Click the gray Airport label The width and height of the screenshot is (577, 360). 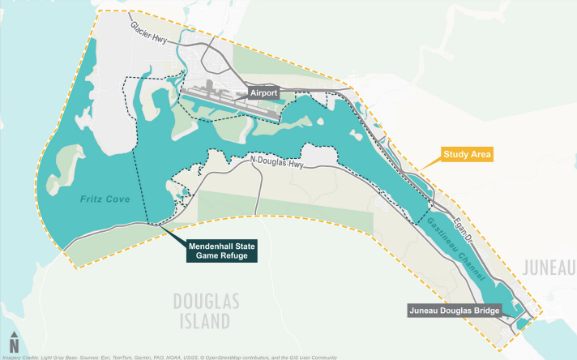coord(263,93)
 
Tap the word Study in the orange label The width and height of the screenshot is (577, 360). coord(456,153)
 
